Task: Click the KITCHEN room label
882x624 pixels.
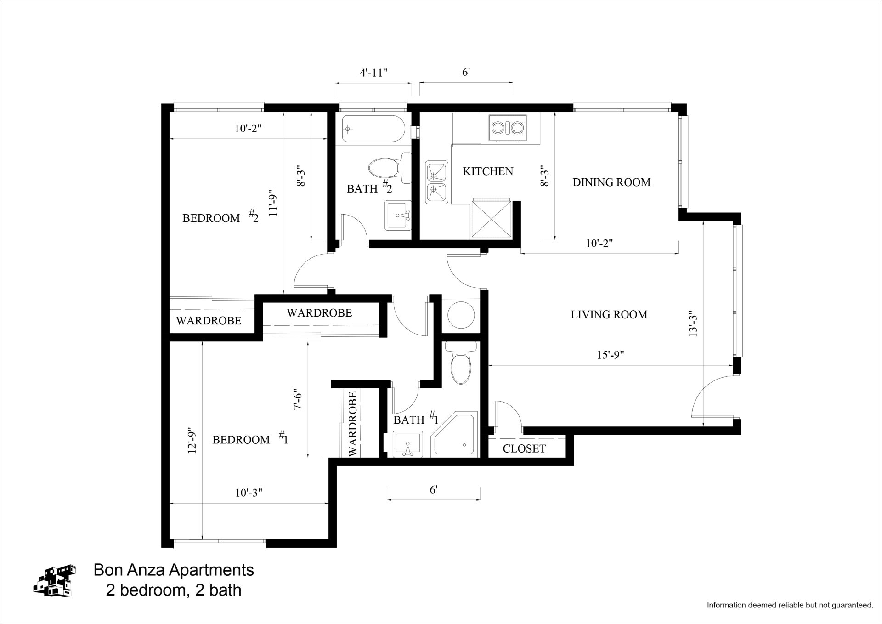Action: coord(488,171)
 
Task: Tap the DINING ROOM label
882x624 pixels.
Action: coord(611,182)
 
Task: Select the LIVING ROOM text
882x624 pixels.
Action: coord(609,315)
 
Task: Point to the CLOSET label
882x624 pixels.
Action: coord(524,449)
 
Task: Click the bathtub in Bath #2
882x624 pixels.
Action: coord(373,129)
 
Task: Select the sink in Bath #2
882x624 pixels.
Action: coord(398,216)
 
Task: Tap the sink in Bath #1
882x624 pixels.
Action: coord(408,445)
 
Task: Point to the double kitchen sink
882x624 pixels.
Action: coord(437,182)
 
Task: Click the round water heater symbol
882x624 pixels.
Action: coord(461,315)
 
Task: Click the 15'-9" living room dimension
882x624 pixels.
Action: coord(611,355)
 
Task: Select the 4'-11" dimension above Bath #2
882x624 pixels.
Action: coord(373,73)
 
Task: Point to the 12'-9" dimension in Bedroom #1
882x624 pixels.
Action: coord(192,441)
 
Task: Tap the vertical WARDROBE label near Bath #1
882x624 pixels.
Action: coord(353,424)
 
